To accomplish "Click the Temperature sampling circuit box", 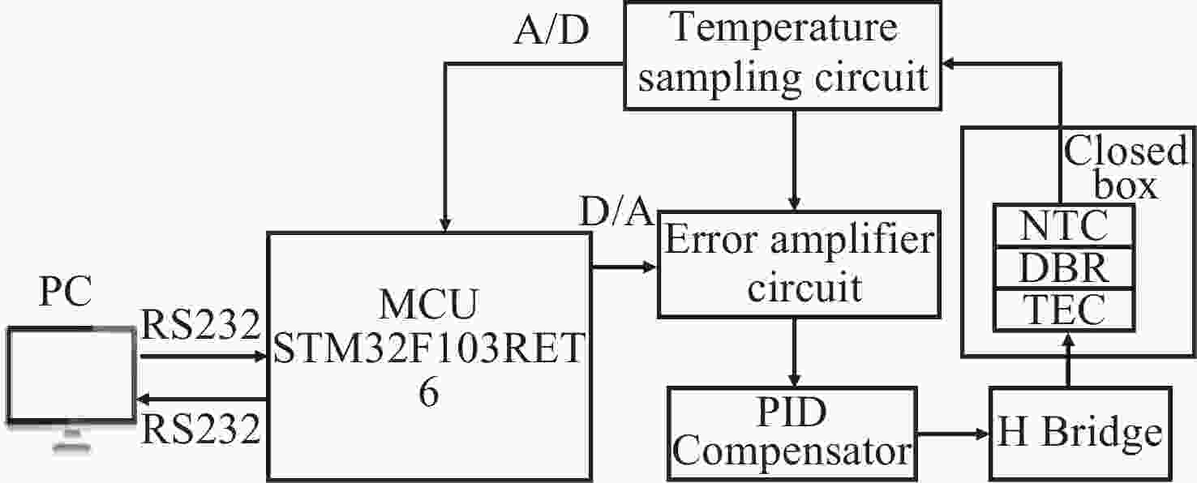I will point(785,54).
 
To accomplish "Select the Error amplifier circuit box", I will point(796,263).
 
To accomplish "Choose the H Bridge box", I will point(1079,433).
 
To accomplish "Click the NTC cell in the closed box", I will point(1063,227).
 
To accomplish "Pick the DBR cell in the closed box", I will point(1063,267).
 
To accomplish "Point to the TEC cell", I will point(1063,309).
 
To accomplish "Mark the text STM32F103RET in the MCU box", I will point(428,351).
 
